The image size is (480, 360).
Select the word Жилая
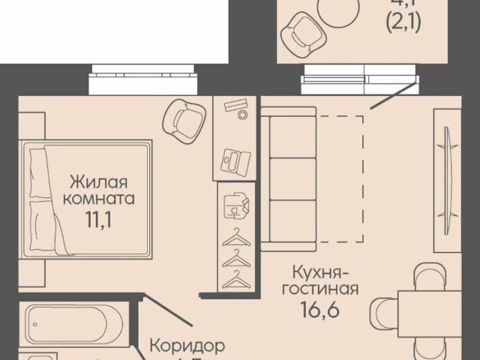pos(99,181)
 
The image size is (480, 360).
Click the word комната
pos(99,199)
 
